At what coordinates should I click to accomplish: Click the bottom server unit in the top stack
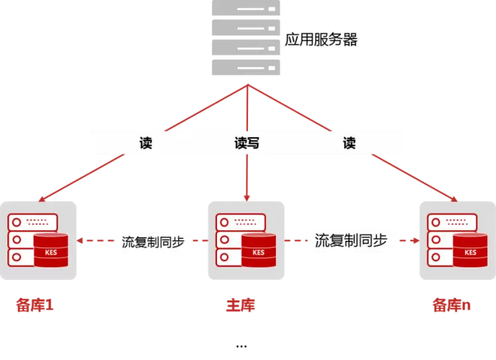coord(246,67)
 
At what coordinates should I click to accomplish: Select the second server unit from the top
coord(246,28)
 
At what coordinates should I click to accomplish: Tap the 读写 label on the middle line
coord(247,143)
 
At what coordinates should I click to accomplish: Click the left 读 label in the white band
coord(146,143)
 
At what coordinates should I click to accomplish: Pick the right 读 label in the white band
coord(349,143)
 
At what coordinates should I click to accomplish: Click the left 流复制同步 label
coord(153,242)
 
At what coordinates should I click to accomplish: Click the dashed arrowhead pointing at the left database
coord(81,242)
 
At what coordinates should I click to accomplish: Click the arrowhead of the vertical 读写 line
coord(247,197)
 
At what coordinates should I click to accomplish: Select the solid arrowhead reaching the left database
coord(41,198)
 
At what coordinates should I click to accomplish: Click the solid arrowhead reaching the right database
coord(454,198)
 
